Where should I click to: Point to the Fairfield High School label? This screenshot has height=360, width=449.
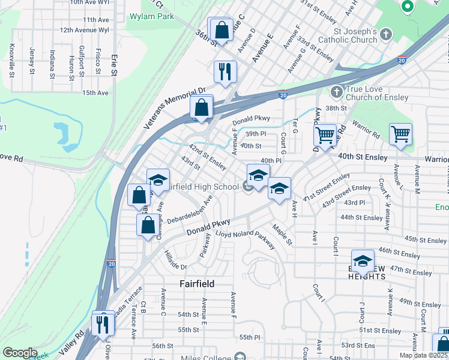click(201, 187)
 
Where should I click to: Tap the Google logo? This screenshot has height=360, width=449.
click(20, 353)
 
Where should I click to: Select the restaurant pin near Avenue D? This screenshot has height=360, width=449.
click(226, 71)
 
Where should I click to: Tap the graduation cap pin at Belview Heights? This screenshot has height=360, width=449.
click(363, 261)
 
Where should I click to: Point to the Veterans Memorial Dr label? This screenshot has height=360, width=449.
click(175, 109)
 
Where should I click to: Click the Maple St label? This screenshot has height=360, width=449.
click(282, 235)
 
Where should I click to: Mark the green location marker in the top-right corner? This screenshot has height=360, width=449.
click(407, 7)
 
